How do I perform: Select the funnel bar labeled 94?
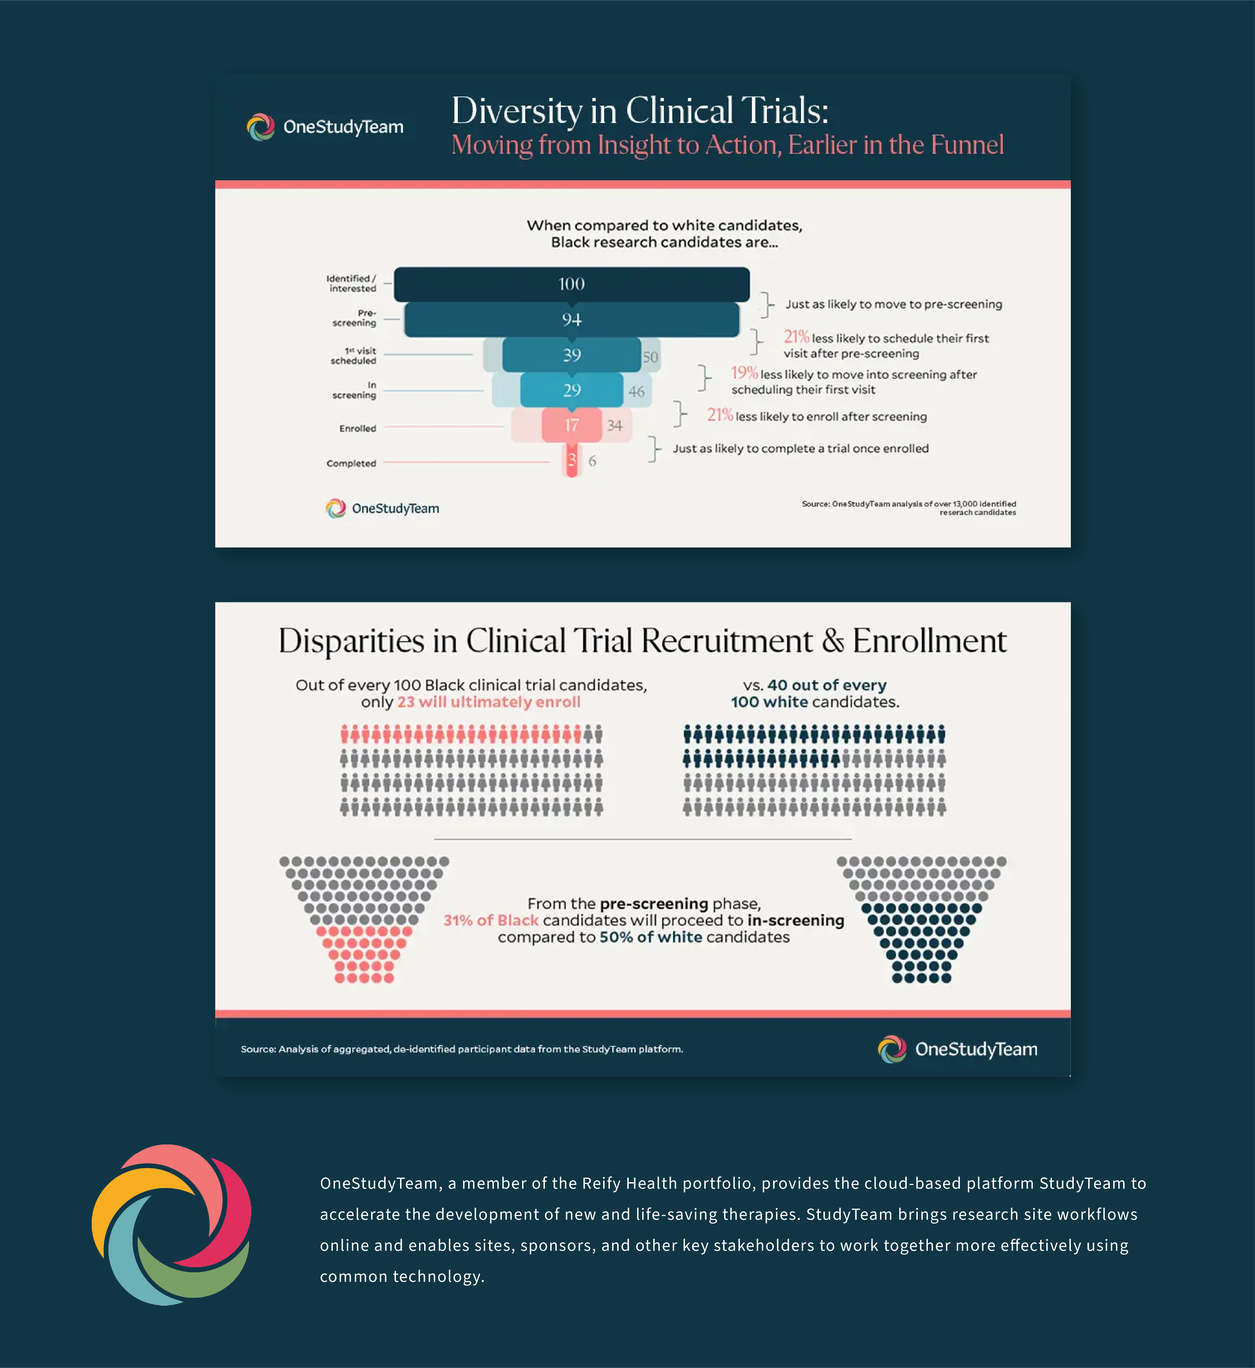(572, 320)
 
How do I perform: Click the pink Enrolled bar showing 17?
(572, 425)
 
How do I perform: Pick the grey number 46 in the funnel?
(636, 392)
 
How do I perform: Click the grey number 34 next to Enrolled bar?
(615, 426)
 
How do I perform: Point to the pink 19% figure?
(744, 373)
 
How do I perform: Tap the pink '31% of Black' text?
(491, 921)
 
